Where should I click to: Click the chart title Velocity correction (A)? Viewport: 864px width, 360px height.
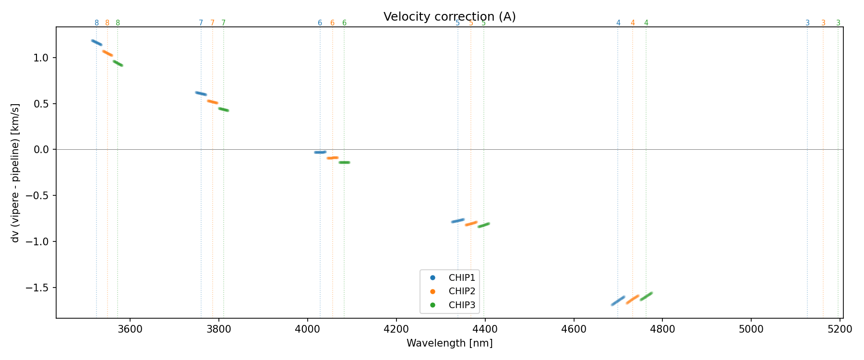tap(449, 17)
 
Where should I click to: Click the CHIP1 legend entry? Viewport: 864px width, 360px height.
tap(461, 277)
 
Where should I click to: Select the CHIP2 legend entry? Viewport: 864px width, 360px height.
tap(461, 291)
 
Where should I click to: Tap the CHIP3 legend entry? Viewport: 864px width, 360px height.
tap(461, 305)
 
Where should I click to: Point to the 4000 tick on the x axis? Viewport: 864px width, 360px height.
tap(307, 329)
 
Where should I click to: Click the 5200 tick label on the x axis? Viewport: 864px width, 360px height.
tap(840, 329)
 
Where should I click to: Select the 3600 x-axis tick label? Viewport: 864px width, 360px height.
tap(130, 329)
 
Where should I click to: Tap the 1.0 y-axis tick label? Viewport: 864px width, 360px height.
tap(44, 58)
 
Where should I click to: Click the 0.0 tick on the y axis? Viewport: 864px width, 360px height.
tap(44, 150)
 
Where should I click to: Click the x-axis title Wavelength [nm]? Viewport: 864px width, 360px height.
tap(449, 343)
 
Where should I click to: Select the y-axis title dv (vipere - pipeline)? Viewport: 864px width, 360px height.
tap(15, 173)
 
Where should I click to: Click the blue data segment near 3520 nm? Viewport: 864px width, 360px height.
tap(96, 43)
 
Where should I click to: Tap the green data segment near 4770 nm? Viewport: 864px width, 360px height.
tap(646, 296)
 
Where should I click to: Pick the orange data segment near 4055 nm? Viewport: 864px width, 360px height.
tap(333, 157)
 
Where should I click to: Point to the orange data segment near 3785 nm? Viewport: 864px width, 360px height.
tap(212, 102)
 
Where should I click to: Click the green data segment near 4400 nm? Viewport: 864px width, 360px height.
tap(483, 225)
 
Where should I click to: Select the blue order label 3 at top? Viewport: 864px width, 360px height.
tap(807, 23)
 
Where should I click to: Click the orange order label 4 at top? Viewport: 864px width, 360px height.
tap(633, 23)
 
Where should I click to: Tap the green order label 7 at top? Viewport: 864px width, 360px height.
tap(223, 23)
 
